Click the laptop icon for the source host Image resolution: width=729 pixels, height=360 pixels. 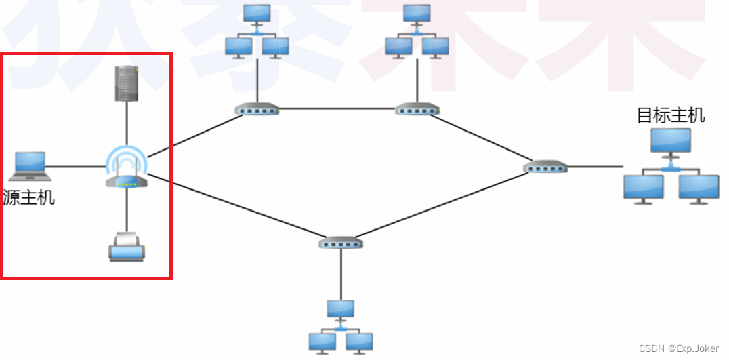[30, 163]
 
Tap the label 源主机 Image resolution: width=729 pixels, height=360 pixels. [29, 198]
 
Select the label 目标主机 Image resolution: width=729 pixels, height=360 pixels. [671, 115]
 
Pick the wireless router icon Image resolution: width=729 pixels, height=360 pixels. [127, 169]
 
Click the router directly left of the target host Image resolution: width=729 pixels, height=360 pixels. [546, 167]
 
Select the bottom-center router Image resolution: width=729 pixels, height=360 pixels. [341, 242]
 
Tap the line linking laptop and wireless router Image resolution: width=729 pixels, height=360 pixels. [75, 166]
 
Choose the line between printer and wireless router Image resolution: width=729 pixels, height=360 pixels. [127, 210]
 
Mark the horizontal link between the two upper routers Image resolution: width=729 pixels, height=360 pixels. [337, 108]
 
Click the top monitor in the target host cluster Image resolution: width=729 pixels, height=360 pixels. [671, 141]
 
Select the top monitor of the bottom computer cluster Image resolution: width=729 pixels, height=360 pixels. [340, 309]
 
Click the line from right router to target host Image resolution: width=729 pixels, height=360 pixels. [595, 166]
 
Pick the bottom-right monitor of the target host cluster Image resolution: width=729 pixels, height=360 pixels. [699, 188]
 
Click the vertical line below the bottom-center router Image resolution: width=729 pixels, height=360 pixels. [341, 274]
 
